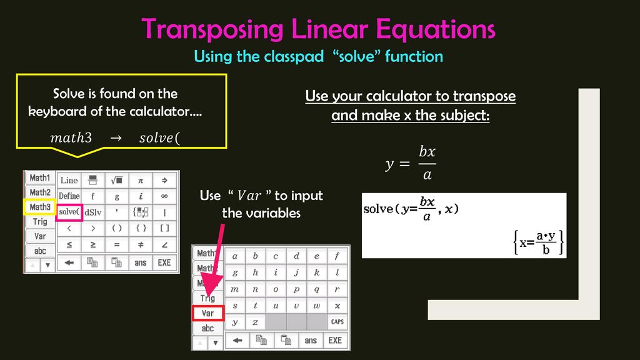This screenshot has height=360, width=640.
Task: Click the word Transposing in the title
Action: [212, 30]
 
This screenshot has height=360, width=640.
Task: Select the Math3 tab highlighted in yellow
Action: [39, 207]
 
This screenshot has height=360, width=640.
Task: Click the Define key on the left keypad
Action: [69, 196]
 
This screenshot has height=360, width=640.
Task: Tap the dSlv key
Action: [92, 212]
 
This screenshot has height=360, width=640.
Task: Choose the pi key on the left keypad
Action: [141, 181]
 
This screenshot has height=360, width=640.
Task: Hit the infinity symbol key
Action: [164, 196]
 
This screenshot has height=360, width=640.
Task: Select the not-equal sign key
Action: [141, 244]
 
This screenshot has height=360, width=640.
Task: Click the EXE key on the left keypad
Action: [164, 262]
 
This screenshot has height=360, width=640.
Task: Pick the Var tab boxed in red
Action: [207, 313]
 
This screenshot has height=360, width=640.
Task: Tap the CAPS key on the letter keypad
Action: [337, 322]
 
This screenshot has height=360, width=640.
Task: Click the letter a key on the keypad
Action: [235, 256]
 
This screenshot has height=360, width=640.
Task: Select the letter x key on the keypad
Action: [337, 305]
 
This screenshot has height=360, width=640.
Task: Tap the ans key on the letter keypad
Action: [311, 340]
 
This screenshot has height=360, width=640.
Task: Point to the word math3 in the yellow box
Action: [71, 137]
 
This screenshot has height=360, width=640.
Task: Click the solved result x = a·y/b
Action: [538, 242]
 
